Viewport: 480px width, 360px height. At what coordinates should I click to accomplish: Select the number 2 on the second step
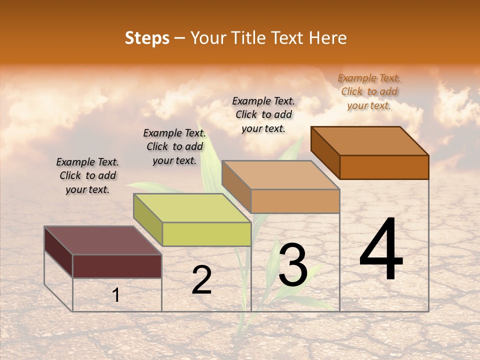[201, 280]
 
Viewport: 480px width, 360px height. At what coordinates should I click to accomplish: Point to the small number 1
[116, 295]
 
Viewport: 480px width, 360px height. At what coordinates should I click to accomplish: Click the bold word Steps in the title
[147, 38]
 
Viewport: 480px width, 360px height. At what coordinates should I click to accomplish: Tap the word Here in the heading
[327, 38]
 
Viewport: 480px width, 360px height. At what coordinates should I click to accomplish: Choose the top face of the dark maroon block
[102, 240]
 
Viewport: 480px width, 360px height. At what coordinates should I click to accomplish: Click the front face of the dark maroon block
[117, 266]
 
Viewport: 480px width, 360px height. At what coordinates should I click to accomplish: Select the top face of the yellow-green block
[192, 207]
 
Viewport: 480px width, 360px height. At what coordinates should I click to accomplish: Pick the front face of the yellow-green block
[206, 234]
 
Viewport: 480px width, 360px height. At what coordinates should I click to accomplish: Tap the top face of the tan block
[280, 175]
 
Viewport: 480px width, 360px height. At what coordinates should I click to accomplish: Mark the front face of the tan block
[295, 201]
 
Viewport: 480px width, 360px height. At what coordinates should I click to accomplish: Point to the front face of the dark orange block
[384, 167]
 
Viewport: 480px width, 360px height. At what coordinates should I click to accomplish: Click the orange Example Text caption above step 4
[369, 91]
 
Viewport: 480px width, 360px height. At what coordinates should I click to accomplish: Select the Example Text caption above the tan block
[263, 114]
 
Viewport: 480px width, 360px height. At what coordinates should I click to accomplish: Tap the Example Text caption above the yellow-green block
[174, 146]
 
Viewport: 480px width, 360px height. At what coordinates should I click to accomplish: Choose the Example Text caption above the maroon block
[87, 175]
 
